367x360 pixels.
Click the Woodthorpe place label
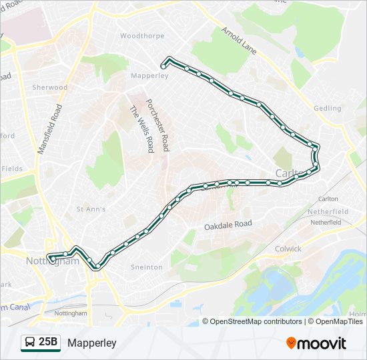coord(138,35)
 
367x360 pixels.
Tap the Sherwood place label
coord(50,87)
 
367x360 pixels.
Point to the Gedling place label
coord(328,108)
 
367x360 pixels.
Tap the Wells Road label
coord(142,129)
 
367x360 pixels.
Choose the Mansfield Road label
coord(49,129)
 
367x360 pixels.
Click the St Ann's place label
coord(91,209)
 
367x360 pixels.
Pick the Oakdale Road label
coord(228,225)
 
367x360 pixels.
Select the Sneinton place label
coord(147,267)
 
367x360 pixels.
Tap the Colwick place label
coord(288,249)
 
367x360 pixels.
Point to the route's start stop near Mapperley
coord(163,65)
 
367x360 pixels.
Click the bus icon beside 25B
coord(31,343)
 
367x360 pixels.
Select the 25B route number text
coord(48,343)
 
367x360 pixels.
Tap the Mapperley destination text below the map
coord(92,343)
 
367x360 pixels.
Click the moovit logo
coord(316,343)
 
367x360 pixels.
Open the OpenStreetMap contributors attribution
coord(256,321)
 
